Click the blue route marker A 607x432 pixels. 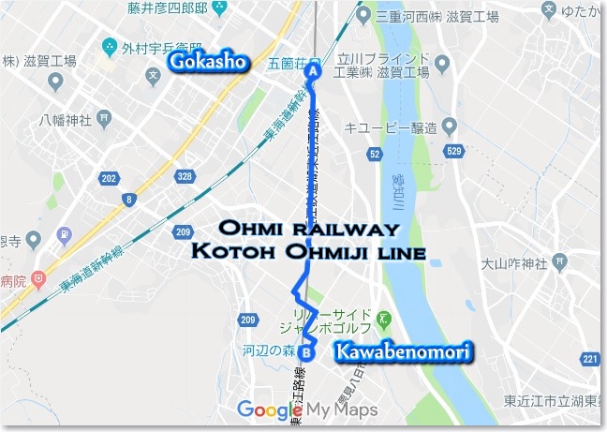[x=314, y=70]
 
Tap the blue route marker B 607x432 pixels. [x=305, y=353]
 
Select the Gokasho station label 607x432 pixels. [x=207, y=63]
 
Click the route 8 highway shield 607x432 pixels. [x=128, y=200]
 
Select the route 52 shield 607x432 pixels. [x=375, y=153]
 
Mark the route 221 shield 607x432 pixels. [x=589, y=359]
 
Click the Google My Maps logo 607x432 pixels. [x=307, y=410]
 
